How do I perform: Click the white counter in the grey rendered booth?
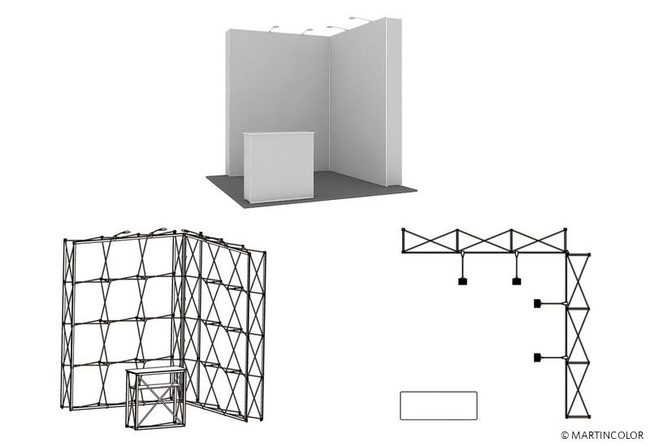coord(279,167)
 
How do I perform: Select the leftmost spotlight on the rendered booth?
coord(274,28)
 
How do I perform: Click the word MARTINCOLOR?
coord(607,436)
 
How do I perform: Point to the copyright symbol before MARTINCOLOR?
coord(565,436)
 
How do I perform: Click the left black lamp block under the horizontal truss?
coord(463,281)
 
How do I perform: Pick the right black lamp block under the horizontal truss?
coord(517,281)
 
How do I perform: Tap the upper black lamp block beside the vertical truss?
coord(537,303)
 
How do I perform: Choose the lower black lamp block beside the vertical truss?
coord(537,357)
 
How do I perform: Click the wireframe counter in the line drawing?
coord(156,397)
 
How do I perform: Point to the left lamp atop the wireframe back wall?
coord(121,233)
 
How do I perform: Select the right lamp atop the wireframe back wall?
coord(158,230)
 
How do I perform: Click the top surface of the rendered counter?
coord(279,132)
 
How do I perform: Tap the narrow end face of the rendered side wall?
coord(394,102)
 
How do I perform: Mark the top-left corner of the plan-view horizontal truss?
coord(403,229)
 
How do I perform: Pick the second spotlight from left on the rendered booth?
coord(307,31)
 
